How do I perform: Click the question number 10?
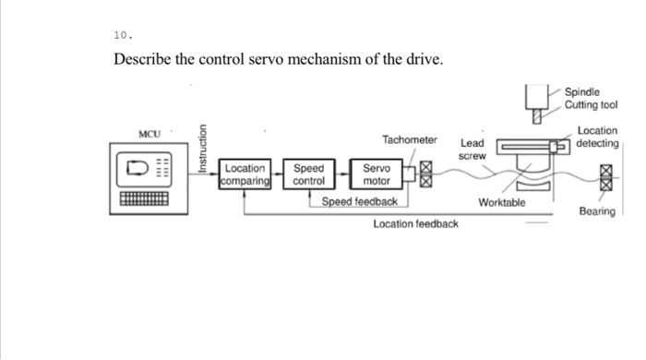coord(123,35)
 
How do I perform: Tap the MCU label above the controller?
coord(150,136)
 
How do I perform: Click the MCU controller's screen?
coord(141,169)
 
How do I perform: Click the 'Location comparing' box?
coord(245,175)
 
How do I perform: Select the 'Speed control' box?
coord(308,175)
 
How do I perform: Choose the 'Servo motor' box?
coord(376,175)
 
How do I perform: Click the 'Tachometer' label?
coord(409,140)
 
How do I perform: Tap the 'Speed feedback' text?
coord(359,201)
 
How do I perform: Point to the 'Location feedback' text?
coord(415,224)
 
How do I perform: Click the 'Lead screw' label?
coord(472,150)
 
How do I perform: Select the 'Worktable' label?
coord(502,202)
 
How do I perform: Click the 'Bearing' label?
coord(596,211)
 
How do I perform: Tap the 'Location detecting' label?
coord(597,138)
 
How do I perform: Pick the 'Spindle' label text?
coord(582,92)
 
